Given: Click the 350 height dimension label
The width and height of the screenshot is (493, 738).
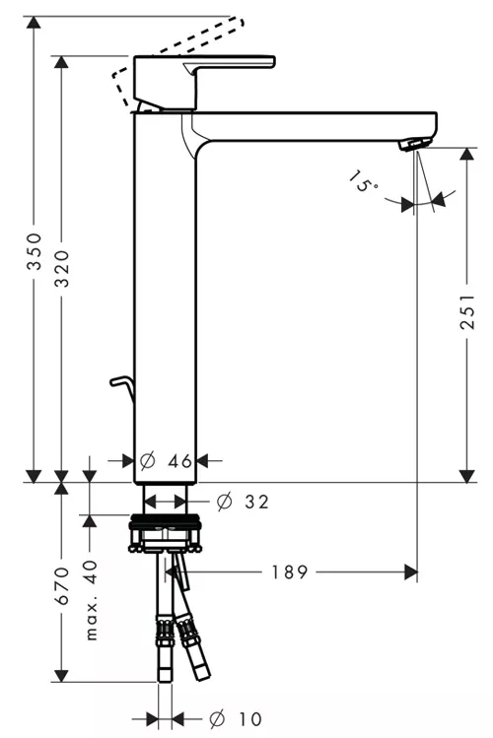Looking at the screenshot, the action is tap(34, 251).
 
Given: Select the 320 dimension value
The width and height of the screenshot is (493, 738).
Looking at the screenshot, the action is tap(62, 268).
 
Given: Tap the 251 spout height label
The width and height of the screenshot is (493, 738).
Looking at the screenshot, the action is tap(467, 312).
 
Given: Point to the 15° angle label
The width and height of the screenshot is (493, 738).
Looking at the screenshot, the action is tap(363, 181).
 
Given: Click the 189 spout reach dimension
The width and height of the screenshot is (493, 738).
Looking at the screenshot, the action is tap(290, 571).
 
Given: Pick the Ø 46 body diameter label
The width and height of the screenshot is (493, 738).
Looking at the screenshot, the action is tap(167, 461).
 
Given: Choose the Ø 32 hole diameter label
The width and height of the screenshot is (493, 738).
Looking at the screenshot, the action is tap(243, 502).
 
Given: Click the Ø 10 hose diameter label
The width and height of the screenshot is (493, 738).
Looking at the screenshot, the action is tap(236, 718).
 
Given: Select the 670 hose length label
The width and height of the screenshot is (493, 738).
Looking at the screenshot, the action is tap(62, 586).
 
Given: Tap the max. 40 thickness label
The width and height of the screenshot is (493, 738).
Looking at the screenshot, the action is tap(91, 600).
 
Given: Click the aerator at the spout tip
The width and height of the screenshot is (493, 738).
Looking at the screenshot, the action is tap(414, 144).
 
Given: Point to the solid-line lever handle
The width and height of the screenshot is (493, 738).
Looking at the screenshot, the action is tap(203, 83).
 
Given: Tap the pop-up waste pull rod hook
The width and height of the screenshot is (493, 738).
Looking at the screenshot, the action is tap(121, 388).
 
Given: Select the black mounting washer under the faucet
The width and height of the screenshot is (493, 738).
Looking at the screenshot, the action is tap(166, 519).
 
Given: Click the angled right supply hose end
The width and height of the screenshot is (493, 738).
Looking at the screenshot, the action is tap(200, 669).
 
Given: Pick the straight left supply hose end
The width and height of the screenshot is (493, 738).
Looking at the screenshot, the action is tap(165, 670).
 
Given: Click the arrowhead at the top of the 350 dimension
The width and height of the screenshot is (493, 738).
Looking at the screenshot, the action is tap(34, 22).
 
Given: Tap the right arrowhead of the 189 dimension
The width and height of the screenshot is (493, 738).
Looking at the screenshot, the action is tap(410, 572).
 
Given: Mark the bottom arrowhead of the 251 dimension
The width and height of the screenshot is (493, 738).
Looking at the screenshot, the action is tap(466, 476).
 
